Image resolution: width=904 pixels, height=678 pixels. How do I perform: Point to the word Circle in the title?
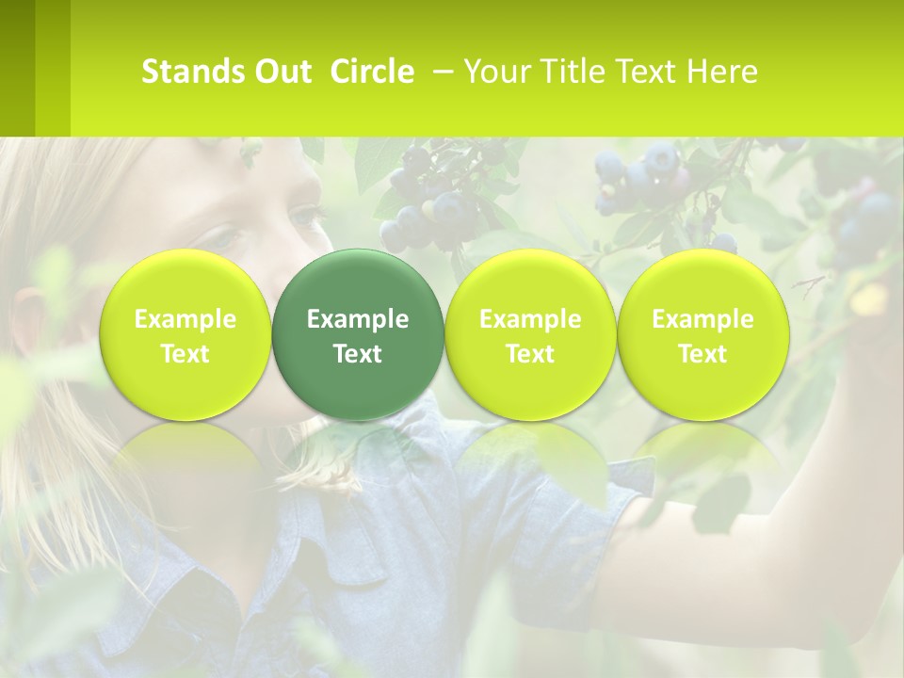[372, 72]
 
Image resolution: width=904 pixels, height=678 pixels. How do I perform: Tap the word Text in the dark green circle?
[358, 354]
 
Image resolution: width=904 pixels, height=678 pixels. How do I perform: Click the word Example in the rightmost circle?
[702, 319]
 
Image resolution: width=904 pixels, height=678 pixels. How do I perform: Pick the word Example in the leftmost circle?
[185, 319]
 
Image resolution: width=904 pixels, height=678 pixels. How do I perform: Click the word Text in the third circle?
[530, 354]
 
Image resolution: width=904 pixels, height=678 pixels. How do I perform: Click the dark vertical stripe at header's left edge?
[17, 68]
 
